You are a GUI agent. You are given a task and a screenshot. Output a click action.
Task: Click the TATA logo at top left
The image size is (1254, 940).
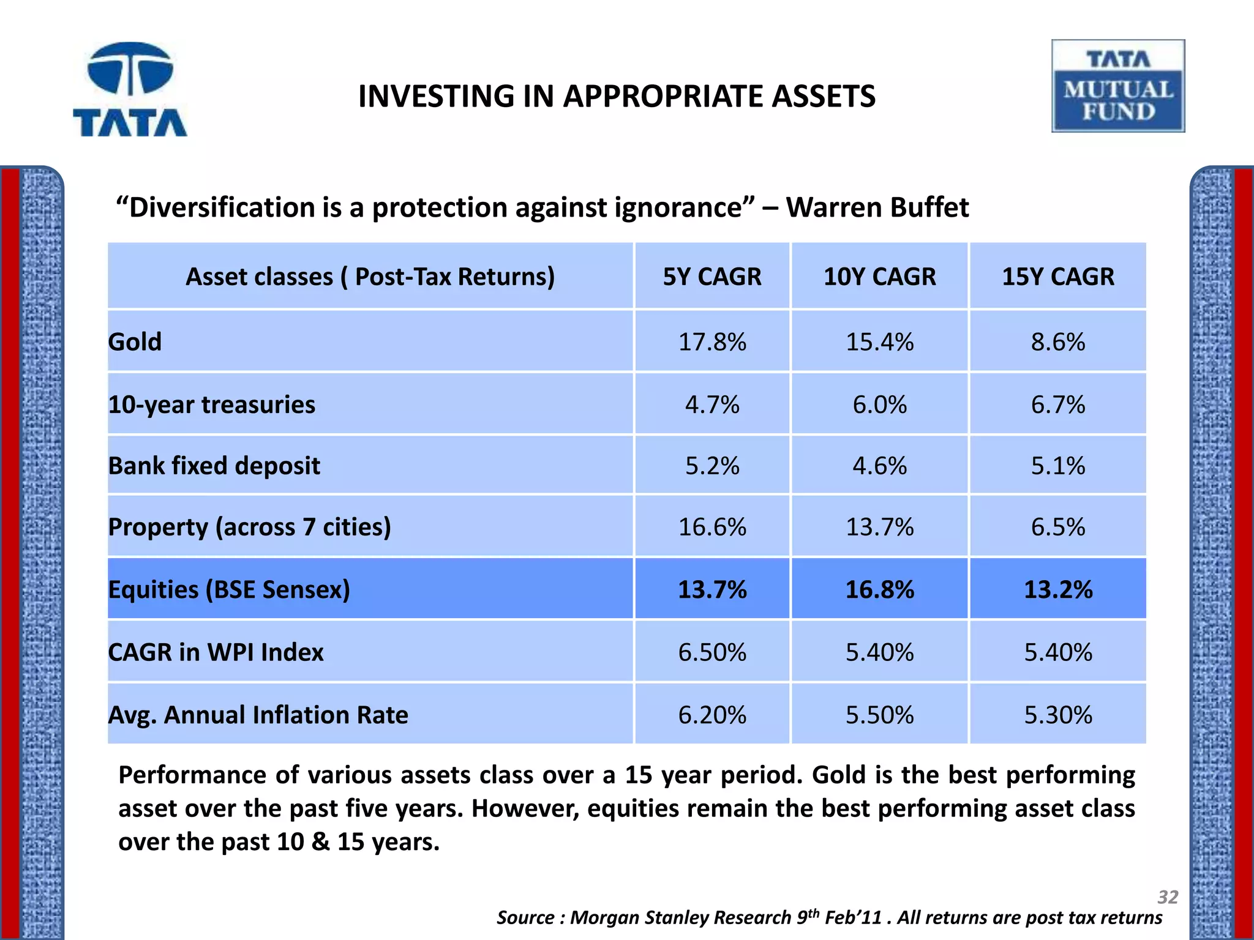pos(130,90)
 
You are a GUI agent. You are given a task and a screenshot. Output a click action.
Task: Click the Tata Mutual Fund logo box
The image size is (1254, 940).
pos(1118,86)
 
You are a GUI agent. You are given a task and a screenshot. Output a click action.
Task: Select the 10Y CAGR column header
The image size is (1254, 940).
pos(879,277)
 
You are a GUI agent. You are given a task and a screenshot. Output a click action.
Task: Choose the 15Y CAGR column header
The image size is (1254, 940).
pos(1057,277)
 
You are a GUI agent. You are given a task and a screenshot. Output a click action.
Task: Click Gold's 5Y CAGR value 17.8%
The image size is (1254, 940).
pos(712,341)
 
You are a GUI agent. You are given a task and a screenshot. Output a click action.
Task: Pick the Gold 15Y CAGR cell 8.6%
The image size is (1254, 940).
pos(1057,341)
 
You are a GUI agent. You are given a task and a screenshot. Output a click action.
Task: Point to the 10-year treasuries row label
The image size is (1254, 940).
pos(212,405)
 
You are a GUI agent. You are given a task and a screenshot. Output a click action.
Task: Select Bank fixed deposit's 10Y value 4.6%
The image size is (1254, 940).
pos(879,466)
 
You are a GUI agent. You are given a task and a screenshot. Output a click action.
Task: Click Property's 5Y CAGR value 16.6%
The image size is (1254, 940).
pos(712,527)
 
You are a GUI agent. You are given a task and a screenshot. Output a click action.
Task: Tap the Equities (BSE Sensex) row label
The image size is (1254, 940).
pos(229,589)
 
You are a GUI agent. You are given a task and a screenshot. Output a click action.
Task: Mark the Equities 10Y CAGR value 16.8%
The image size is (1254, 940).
pos(879,590)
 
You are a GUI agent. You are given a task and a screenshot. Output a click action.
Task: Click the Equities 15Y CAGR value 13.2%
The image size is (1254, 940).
pos(1057,590)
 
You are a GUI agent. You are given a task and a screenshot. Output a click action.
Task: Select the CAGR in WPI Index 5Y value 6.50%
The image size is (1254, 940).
pos(712,652)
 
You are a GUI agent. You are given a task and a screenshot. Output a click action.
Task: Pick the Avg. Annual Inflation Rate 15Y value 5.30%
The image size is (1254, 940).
pos(1057,715)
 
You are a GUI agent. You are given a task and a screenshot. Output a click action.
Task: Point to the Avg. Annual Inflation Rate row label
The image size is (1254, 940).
pos(258,715)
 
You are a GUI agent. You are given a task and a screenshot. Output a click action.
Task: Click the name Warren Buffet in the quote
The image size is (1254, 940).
pos(877,207)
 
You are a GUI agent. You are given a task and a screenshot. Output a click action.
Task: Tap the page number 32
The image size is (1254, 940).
pos(1167,897)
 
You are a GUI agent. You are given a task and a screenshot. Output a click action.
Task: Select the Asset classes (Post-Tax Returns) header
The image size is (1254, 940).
pos(370,277)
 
